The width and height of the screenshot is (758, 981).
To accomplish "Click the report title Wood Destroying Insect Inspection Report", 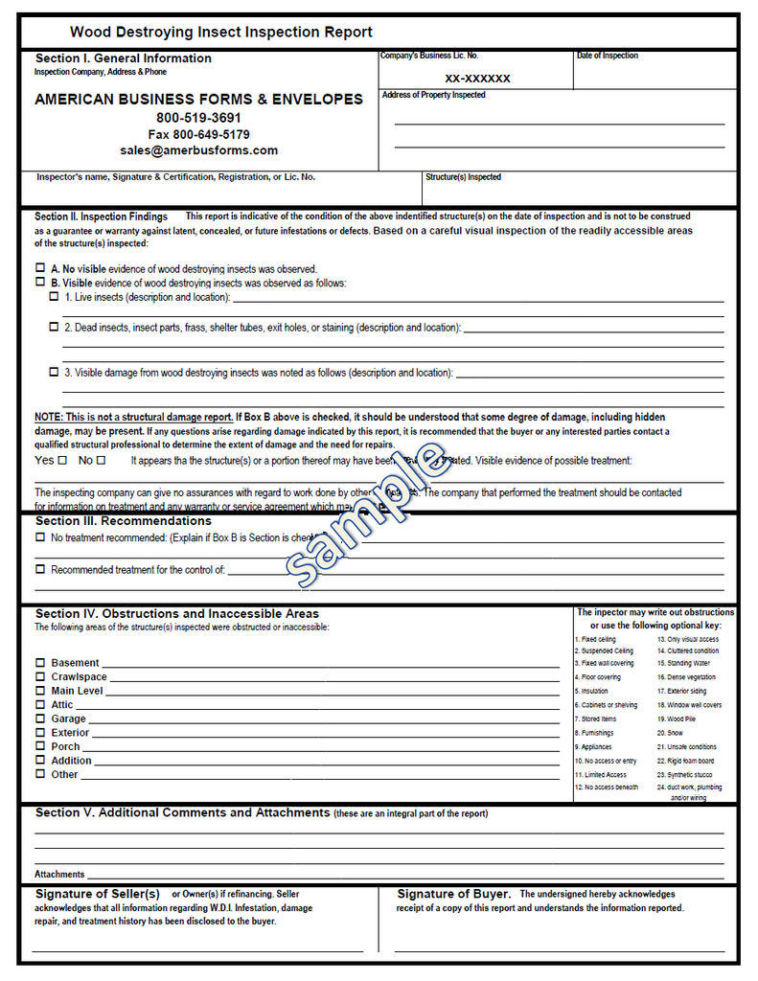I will click(x=221, y=33).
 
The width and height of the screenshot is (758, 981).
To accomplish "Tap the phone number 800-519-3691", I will click(x=198, y=118).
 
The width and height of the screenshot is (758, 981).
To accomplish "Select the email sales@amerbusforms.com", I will click(x=198, y=150).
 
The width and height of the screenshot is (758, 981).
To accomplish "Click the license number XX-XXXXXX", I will click(x=477, y=79).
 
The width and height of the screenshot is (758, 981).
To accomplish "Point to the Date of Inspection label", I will click(x=608, y=56).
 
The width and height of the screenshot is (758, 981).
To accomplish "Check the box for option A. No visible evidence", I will click(x=40, y=268).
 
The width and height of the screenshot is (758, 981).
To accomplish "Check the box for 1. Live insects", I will click(x=54, y=297).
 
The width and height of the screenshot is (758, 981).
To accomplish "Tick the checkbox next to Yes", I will click(x=62, y=461).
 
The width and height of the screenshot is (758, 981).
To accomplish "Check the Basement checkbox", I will click(x=40, y=663).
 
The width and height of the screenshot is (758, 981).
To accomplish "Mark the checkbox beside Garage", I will click(x=40, y=719).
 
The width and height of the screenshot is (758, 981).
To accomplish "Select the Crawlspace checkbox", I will click(x=40, y=676).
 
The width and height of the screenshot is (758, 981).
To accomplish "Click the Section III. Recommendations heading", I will click(x=123, y=521).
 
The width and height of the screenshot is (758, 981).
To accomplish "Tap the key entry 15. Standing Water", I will click(x=683, y=663).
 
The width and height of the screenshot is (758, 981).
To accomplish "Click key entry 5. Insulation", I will click(x=591, y=691).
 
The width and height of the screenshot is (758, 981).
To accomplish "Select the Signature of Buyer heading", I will click(x=453, y=894).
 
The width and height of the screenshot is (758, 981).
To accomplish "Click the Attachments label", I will click(x=59, y=874).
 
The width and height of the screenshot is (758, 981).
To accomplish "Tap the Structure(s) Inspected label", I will click(x=463, y=177).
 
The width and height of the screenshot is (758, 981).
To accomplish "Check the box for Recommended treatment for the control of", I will click(x=40, y=569).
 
